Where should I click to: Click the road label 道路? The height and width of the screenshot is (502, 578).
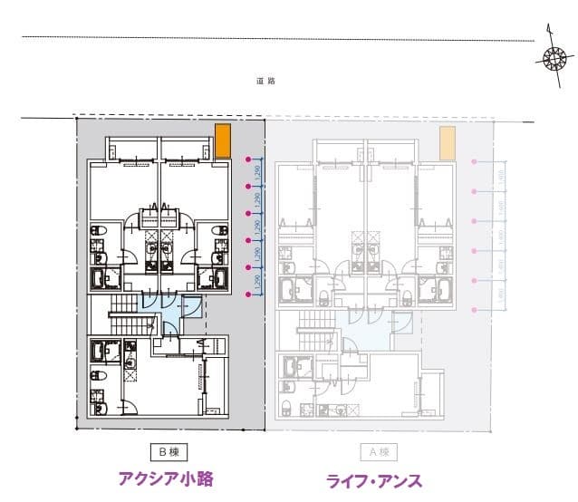click(x=265, y=82)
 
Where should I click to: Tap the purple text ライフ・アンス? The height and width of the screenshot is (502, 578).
click(x=373, y=480)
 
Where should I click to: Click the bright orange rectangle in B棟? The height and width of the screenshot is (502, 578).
click(x=223, y=140)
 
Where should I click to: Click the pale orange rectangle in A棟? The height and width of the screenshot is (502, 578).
click(x=447, y=142)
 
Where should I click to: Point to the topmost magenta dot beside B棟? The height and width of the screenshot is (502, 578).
click(x=249, y=159)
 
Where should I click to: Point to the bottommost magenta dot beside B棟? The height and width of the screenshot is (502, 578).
click(x=249, y=294)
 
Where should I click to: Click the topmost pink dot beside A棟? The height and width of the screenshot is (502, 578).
click(x=475, y=161)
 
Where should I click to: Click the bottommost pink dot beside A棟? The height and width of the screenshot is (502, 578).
click(x=475, y=311)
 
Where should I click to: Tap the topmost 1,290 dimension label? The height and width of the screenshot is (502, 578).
click(x=257, y=173)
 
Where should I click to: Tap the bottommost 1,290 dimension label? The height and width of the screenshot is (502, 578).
click(x=257, y=281)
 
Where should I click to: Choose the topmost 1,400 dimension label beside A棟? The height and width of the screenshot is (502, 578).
click(x=500, y=177)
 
